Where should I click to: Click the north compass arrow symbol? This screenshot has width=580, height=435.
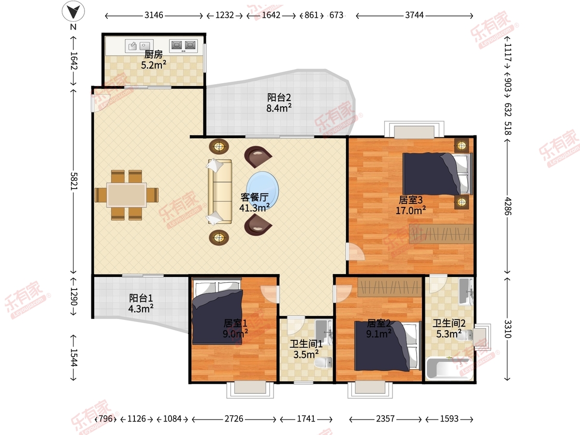73,11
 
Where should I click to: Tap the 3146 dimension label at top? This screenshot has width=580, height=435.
154,15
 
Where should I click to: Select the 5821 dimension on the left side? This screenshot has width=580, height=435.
74,181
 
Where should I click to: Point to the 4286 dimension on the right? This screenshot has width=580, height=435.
508,206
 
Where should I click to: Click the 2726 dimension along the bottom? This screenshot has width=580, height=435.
234,419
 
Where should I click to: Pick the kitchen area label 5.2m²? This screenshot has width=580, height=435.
154,65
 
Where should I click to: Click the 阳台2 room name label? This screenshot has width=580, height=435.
279,98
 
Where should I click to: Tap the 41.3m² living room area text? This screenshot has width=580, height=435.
254,208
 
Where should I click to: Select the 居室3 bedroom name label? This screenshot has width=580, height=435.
411,200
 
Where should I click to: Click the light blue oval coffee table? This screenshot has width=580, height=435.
262,190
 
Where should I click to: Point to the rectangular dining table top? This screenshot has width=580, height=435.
127,195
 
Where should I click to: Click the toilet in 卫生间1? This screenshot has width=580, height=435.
323,362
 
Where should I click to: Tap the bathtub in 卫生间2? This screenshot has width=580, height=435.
449,368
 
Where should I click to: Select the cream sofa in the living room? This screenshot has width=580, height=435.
220,192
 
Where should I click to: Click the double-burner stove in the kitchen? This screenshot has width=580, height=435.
183,46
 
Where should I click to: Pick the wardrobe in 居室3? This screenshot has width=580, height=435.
441,234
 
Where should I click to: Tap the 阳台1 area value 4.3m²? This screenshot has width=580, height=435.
141,308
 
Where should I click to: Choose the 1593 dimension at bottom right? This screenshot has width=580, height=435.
449,419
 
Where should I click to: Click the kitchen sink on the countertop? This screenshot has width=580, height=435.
139,46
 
